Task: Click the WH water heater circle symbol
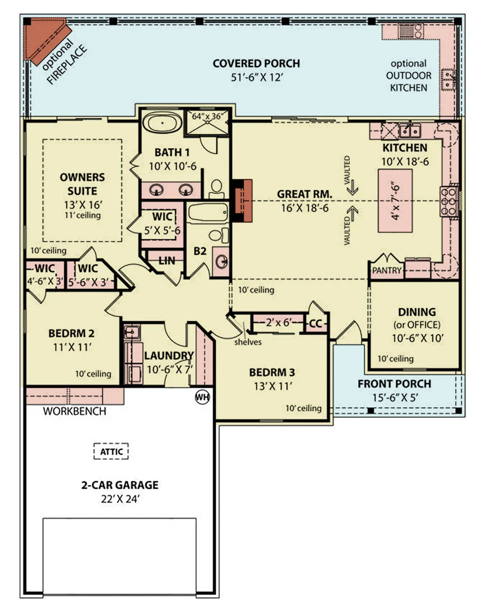point(202,397)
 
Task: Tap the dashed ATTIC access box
point(111,451)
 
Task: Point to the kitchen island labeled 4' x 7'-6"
point(395,201)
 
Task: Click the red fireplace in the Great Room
point(242,201)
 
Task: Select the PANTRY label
point(386,271)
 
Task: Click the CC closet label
point(315,324)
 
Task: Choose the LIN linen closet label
point(167,261)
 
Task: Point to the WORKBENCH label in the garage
point(74,411)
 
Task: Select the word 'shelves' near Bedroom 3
point(248,342)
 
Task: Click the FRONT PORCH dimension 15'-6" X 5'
point(394,398)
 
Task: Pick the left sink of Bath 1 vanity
point(156,189)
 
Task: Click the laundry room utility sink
point(131,332)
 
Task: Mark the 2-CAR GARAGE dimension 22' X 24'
point(120,499)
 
